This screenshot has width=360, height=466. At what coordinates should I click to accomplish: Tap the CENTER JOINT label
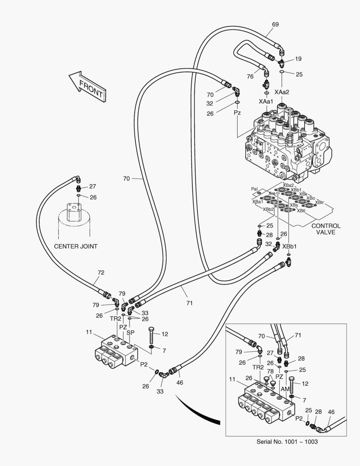pos(75,246)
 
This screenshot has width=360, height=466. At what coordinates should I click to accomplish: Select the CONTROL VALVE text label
pos(326,229)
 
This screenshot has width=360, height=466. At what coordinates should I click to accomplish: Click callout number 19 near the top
pos(298,59)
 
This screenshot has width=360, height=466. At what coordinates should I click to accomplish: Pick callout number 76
pos(250,77)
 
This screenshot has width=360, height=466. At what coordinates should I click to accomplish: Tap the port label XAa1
pos(266,101)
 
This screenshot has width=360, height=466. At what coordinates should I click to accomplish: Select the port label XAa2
pos(282,92)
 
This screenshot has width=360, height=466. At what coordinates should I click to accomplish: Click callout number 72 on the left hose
pos(101,273)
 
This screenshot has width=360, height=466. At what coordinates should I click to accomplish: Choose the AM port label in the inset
pos(285,389)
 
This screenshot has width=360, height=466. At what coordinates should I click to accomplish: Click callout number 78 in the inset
pos(270,371)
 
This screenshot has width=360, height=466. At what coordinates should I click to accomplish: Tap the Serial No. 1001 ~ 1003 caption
pos(287,441)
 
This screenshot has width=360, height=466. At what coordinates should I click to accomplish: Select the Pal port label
pos(254,189)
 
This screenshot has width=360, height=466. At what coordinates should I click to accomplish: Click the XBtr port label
pos(319,202)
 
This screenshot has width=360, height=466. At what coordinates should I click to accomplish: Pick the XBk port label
pos(304,194)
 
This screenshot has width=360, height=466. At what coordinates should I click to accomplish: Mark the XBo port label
pos(310,198)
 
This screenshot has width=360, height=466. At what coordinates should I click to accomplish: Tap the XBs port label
pos(294,205)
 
